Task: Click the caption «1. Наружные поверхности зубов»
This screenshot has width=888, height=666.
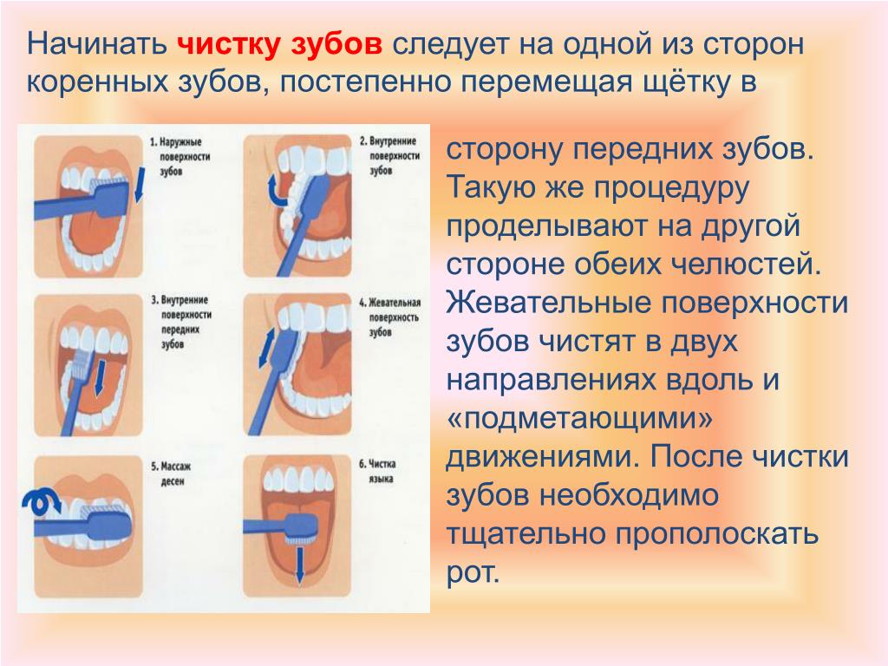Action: click(x=180, y=156)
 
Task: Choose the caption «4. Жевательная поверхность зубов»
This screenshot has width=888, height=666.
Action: click(x=390, y=317)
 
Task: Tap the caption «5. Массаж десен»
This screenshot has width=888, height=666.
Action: click(x=171, y=474)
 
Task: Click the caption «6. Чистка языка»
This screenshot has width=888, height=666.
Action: click(x=377, y=471)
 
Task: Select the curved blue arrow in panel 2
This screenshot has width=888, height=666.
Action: click(x=277, y=190)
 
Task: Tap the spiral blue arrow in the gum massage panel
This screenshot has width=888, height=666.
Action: click(x=41, y=502)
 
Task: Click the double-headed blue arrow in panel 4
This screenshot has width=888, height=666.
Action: click(x=267, y=348)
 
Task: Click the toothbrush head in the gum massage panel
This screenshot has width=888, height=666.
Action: click(x=108, y=523)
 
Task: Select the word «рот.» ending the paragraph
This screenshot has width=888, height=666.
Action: click(x=473, y=574)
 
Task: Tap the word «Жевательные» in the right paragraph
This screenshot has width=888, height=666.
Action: click(x=548, y=303)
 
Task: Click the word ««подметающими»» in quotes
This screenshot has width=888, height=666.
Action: click(x=579, y=420)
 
